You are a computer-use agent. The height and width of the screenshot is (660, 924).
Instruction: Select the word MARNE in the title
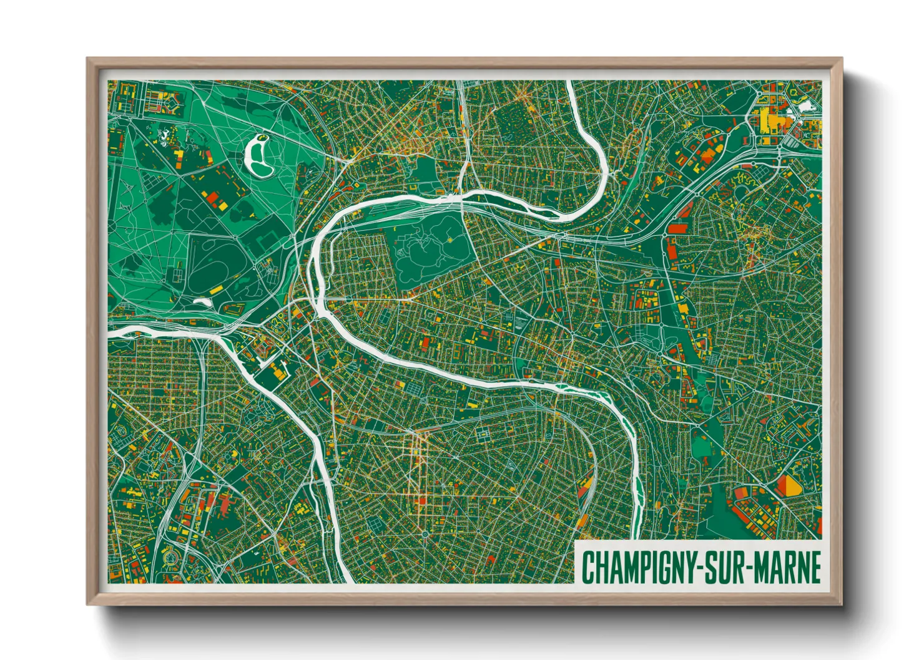[788, 567]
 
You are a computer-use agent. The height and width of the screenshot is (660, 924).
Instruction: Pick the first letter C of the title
[588, 567]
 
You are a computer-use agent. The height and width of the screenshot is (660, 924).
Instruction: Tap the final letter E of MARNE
[814, 567]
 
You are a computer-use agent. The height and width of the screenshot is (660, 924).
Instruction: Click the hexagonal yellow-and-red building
[790, 485]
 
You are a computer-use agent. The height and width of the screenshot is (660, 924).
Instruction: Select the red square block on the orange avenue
[421, 500]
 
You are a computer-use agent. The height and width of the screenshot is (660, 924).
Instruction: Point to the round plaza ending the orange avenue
[425, 535]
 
